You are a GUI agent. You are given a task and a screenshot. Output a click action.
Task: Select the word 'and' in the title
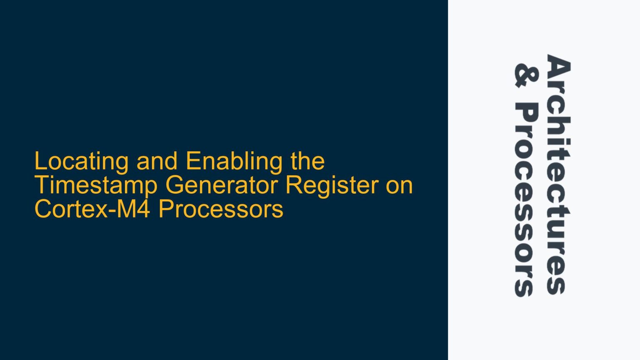(x=157, y=161)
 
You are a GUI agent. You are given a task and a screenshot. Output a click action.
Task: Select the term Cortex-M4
(x=92, y=209)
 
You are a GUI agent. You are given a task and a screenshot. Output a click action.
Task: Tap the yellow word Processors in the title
(x=221, y=209)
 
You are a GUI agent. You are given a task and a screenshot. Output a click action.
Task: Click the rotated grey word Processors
(x=526, y=200)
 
